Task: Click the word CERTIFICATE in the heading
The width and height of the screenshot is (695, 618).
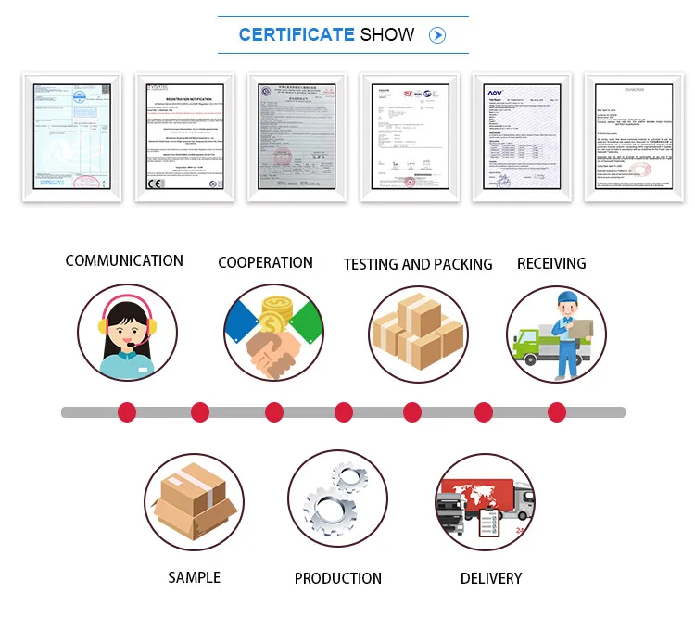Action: [x=297, y=35]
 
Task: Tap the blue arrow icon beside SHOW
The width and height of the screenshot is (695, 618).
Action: [x=437, y=35]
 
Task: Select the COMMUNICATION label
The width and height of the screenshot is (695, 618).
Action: [x=124, y=261]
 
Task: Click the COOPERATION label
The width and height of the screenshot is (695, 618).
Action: [x=265, y=262]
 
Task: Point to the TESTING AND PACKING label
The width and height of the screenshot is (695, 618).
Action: [x=418, y=264]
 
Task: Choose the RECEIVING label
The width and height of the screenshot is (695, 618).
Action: [x=551, y=263]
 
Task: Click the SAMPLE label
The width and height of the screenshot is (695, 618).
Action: [x=194, y=577]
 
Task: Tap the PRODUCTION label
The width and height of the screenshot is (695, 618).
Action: [x=338, y=578]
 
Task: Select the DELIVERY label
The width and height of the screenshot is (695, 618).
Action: [x=491, y=578]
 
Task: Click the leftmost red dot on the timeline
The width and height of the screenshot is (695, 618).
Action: [x=127, y=412]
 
